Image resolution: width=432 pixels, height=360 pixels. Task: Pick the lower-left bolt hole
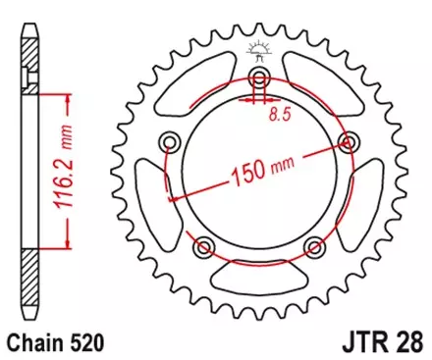click(204, 244)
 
